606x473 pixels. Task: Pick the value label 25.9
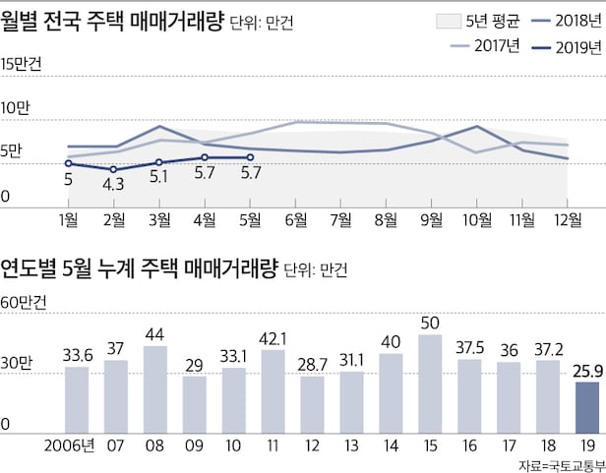(x=586, y=372)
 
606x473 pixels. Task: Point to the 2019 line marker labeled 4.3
(x=113, y=169)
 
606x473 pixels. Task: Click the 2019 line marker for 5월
(x=250, y=157)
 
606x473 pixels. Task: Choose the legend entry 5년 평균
(x=468, y=20)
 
